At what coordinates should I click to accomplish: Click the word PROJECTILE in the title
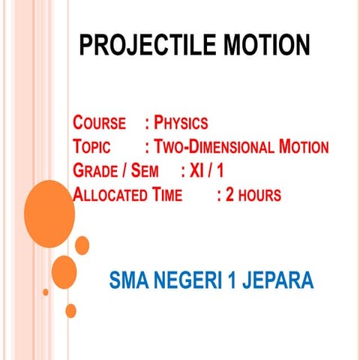point(142,46)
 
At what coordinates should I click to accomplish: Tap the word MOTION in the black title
point(259,46)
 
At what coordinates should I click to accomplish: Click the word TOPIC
point(93,147)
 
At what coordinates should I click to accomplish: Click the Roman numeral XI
point(198,171)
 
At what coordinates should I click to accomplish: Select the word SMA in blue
point(128,282)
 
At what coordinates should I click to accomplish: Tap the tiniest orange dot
point(46,292)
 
